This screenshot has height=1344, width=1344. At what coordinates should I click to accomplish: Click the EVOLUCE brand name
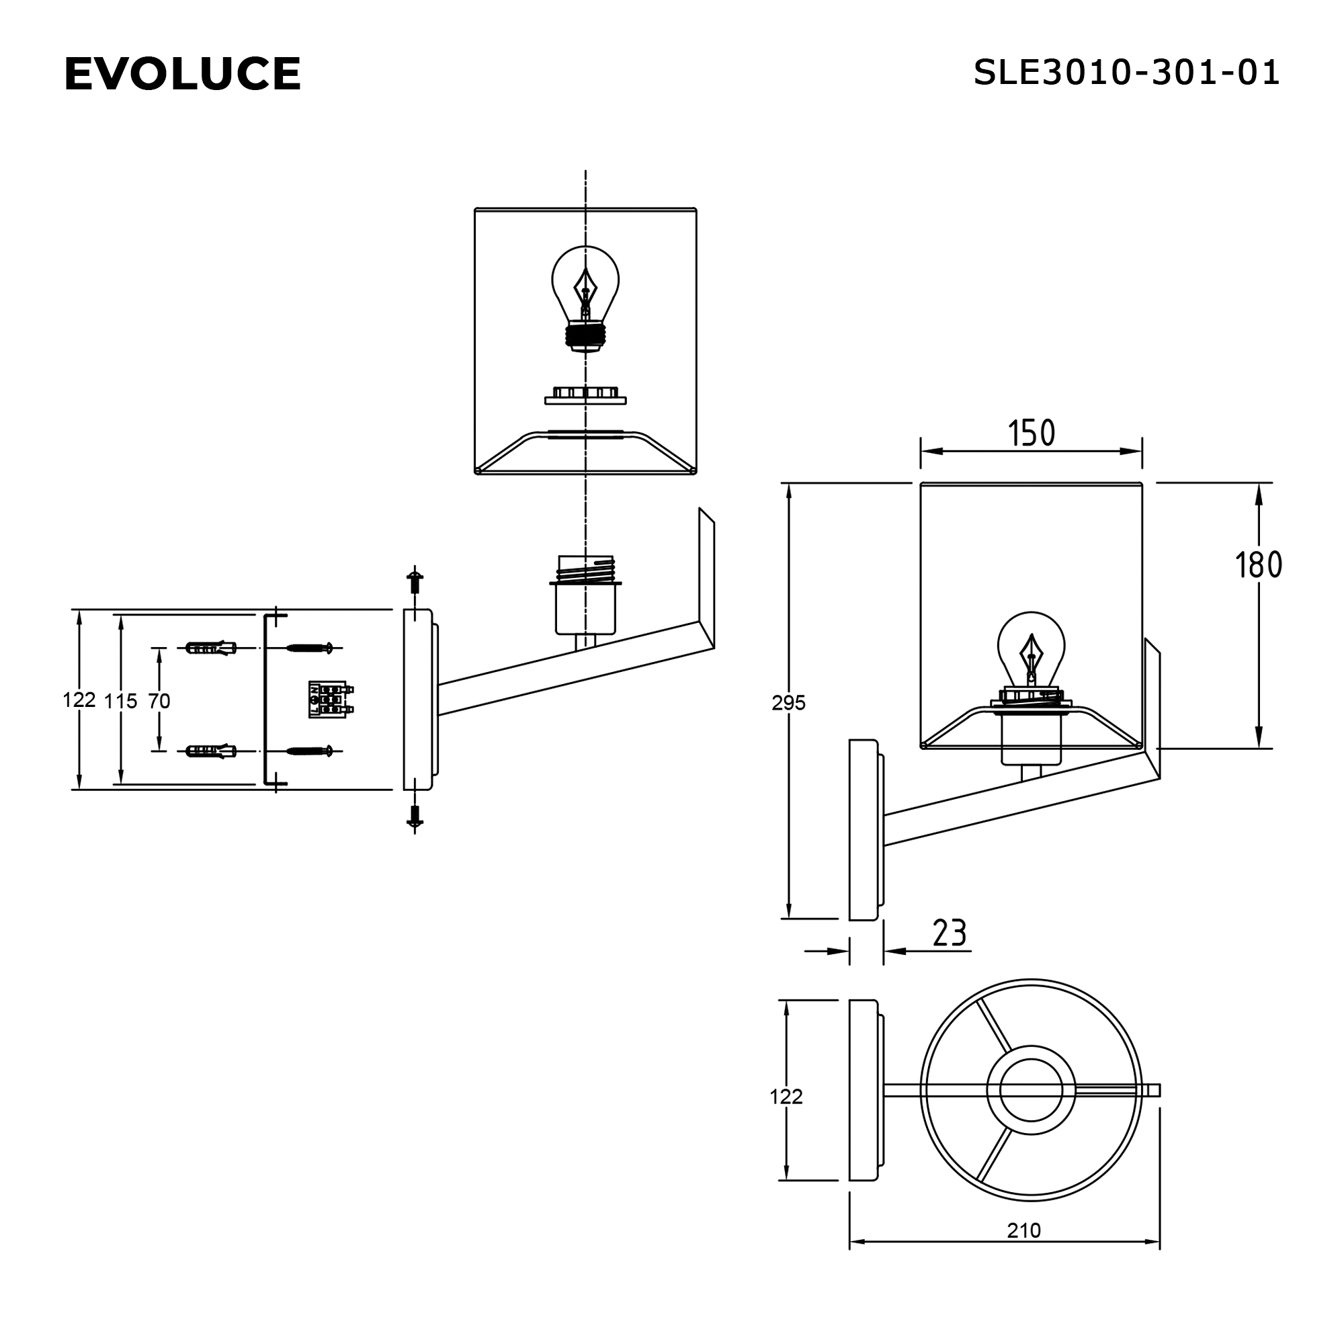pyautogui.click(x=182, y=74)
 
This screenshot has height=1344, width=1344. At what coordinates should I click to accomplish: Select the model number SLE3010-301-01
pyautogui.click(x=1126, y=73)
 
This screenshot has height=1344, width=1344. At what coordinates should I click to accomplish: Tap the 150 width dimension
pyautogui.click(x=1031, y=433)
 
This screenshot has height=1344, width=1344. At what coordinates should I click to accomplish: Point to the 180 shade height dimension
pyautogui.click(x=1258, y=565)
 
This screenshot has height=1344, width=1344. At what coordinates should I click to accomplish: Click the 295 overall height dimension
pyautogui.click(x=788, y=703)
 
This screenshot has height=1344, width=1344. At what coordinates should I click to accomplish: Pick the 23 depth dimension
pyautogui.click(x=949, y=933)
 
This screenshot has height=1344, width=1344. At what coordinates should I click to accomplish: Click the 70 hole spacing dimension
pyautogui.click(x=159, y=700)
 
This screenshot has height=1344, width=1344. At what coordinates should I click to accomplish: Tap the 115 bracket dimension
pyautogui.click(x=120, y=700)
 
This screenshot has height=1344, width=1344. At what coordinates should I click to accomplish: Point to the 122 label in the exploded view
pyautogui.click(x=79, y=700)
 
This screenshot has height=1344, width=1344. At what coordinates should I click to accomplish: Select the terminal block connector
pyautogui.click(x=330, y=699)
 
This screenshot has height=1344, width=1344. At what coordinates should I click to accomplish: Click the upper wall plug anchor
pyautogui.click(x=211, y=648)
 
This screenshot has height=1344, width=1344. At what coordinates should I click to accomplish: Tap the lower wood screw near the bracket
pyautogui.click(x=310, y=751)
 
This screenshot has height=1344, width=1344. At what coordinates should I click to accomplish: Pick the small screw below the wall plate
pyautogui.click(x=415, y=816)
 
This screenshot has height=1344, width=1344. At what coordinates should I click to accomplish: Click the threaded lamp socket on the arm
pyautogui.click(x=585, y=595)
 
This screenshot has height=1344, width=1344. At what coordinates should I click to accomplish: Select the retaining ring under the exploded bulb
pyautogui.click(x=585, y=396)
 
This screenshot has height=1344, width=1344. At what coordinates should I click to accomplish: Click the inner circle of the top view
pyautogui.click(x=1031, y=1090)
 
